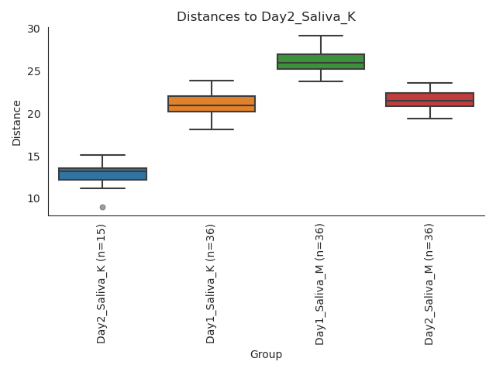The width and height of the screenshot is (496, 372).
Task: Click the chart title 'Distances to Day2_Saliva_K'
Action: point(266,17)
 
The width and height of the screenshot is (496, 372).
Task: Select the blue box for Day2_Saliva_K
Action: point(102,174)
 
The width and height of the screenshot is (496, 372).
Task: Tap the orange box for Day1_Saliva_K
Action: point(212,104)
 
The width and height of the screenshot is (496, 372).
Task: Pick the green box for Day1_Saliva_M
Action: point(321,62)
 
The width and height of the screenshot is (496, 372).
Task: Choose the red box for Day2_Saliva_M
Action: point(429,99)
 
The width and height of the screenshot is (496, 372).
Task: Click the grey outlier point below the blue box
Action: point(102,207)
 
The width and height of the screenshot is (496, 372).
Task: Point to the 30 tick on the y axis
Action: point(33,29)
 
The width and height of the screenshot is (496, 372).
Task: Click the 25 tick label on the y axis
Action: point(33,71)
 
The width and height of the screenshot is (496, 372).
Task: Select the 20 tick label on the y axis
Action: point(33,114)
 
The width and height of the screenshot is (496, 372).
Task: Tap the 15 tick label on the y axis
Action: point(33,157)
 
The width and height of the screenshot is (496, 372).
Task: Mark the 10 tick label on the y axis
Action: point(33,198)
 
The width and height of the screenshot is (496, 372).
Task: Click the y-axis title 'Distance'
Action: point(17,122)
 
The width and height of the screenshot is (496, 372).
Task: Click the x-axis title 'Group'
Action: point(266,355)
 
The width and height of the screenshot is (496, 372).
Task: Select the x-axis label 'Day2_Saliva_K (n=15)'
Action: point(102,283)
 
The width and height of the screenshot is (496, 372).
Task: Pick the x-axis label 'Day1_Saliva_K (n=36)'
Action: point(212,283)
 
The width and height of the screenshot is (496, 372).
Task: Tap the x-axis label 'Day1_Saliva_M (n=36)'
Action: point(321,283)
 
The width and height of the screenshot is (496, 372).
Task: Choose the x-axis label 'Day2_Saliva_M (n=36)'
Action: point(429,283)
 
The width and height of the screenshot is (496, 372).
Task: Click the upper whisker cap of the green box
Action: point(321,36)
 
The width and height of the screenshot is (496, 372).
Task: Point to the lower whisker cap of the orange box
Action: point(212,129)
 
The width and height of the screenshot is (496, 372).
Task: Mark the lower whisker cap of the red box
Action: point(429,119)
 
